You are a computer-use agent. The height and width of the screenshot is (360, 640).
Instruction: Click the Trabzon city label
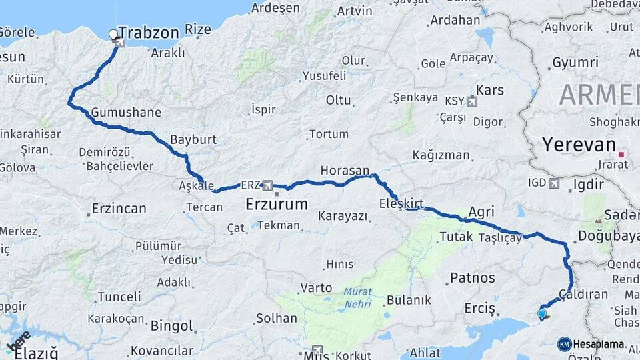pos(150,33)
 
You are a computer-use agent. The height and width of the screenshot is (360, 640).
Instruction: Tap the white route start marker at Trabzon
pos(113,34)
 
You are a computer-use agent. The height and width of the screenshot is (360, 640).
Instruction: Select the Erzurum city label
pos(277,203)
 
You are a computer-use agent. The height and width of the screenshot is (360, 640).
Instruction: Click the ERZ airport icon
pos(268,185)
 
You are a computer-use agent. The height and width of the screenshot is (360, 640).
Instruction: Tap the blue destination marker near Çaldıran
pos(541,314)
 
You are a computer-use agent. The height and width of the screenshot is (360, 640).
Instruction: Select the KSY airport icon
pos(473,102)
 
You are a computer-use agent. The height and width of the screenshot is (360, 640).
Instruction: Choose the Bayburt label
pos(193,140)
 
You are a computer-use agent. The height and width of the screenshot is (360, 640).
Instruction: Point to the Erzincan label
pos(119,209)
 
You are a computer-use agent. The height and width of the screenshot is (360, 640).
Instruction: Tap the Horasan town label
pos(345,171)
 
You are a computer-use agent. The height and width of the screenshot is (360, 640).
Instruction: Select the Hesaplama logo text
pos(598,344)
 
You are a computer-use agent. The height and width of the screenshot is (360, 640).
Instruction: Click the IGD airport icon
pos(555,183)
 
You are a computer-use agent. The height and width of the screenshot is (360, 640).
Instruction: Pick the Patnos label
pos(473,277)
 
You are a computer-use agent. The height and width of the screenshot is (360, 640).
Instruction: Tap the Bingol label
pos(171,326)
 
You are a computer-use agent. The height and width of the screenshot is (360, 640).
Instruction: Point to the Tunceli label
pos(119,297)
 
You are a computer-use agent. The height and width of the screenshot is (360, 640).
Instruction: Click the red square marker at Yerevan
pos(621,155)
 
